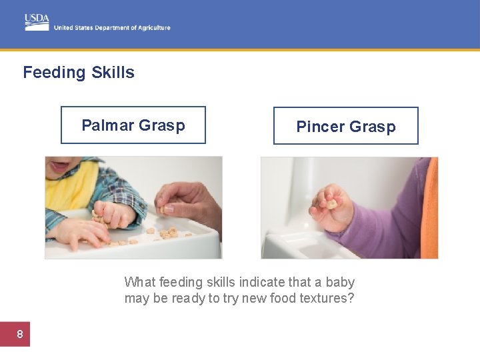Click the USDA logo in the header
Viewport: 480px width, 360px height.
(x=37, y=21)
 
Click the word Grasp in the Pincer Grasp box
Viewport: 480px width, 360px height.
(x=372, y=127)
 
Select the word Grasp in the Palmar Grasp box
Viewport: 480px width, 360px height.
(x=162, y=125)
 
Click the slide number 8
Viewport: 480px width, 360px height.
(x=19, y=334)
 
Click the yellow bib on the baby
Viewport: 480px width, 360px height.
(x=70, y=187)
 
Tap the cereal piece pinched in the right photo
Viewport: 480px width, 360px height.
(x=331, y=203)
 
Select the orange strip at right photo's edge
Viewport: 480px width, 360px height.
(x=430, y=207)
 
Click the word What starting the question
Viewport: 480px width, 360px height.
(x=139, y=282)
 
